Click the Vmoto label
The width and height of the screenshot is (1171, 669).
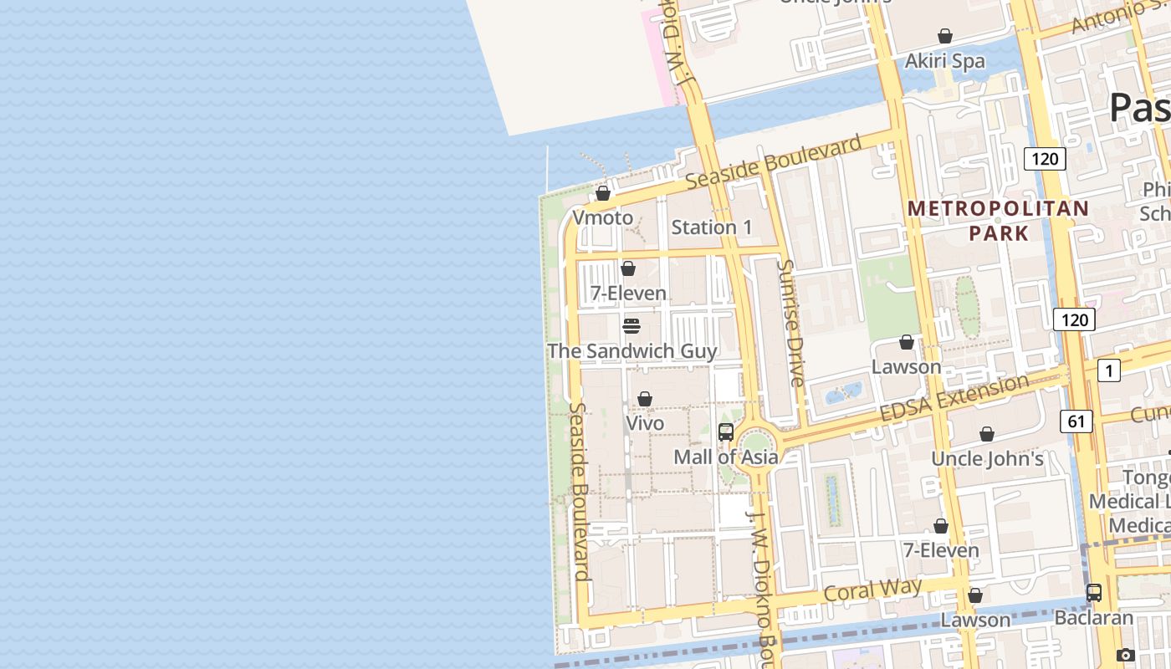point(602,217)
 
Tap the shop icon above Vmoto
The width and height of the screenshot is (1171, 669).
point(602,194)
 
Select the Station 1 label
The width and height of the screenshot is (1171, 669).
point(712,227)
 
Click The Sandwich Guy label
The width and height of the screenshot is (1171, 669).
point(632,350)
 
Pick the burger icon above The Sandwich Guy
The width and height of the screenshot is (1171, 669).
point(632,326)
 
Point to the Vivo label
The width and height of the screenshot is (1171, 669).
point(645,423)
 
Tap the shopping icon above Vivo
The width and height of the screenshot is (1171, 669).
point(645,399)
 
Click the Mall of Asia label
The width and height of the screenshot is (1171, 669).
point(726,457)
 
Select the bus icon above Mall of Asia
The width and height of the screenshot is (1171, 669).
point(726,432)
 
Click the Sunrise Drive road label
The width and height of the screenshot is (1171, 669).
point(790,323)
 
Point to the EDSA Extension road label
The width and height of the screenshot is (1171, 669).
point(954,398)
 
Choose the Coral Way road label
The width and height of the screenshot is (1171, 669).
point(872,590)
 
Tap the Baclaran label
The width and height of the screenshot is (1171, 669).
point(1093,618)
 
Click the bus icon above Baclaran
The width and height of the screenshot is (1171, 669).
point(1093,593)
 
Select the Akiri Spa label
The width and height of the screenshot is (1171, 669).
point(945,61)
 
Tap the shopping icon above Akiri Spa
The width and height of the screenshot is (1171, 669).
point(945,36)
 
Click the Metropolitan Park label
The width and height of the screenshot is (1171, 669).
point(999,220)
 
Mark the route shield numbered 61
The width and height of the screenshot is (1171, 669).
point(1076,421)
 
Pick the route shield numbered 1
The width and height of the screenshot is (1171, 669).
point(1108,370)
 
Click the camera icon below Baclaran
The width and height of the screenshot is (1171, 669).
point(1125,655)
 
